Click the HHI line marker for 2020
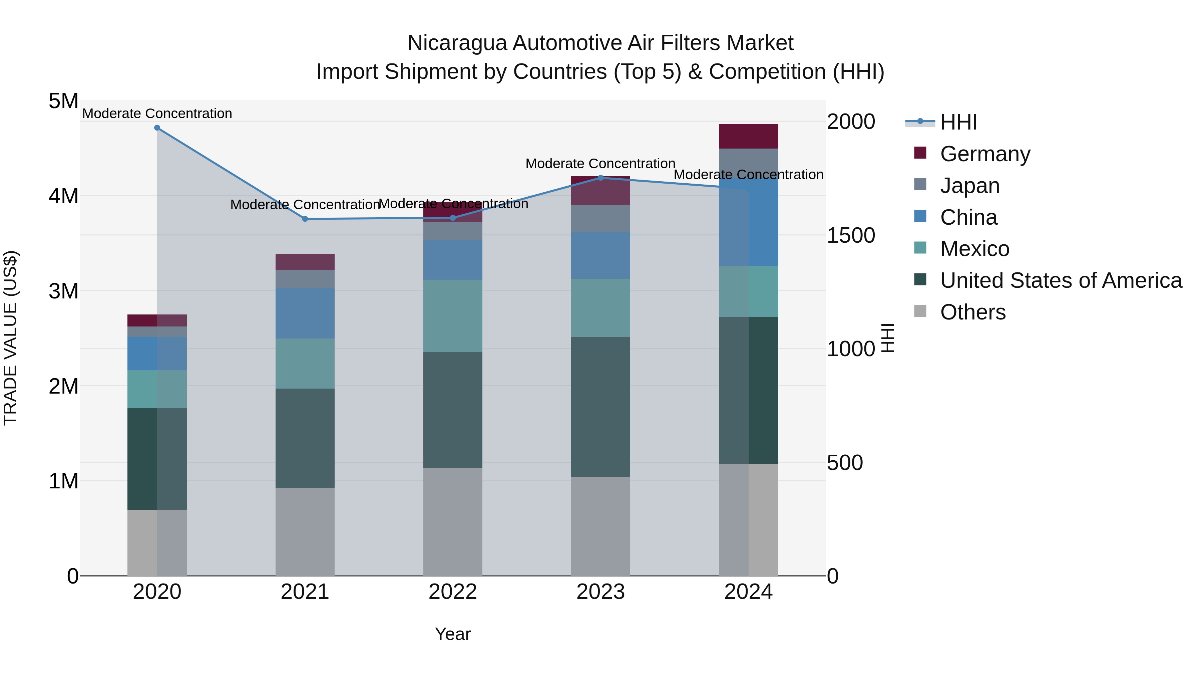pos(157,128)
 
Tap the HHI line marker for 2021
pos(305,219)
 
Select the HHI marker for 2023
pos(600,178)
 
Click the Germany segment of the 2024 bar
pos(748,136)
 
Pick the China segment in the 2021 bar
pos(305,313)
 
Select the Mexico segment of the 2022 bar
pos(453,316)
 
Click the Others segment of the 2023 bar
pos(600,526)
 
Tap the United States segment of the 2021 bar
pos(305,438)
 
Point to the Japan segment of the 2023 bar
pos(600,218)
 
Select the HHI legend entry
pos(958,122)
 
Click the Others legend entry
pos(972,312)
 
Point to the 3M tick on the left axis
pos(63,291)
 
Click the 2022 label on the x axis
pos(453,592)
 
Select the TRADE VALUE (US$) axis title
pos(11,338)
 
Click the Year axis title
pos(453,634)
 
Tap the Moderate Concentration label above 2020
pos(157,114)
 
